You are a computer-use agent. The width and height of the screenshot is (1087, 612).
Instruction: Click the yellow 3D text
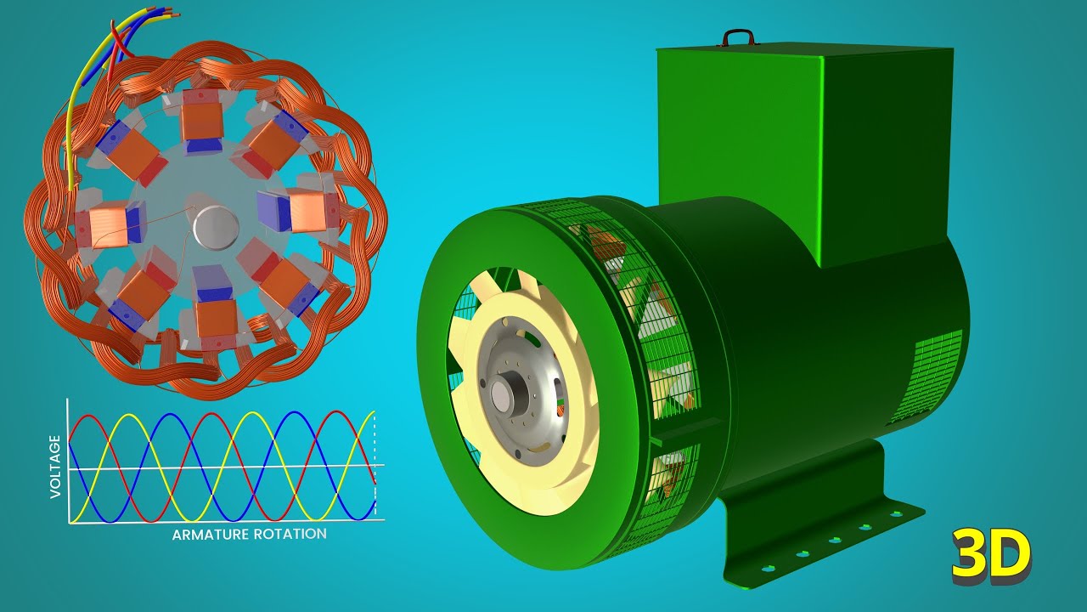click(991, 557)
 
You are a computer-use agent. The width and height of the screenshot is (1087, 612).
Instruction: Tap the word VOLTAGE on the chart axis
click(56, 466)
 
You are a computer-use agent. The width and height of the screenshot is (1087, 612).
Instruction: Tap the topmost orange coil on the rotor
click(200, 121)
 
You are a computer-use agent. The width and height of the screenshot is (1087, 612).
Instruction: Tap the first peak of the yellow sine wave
click(125, 416)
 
